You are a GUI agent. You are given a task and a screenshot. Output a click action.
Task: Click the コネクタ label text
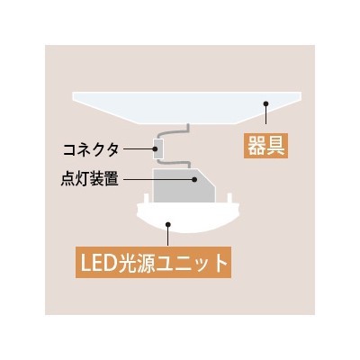pos(91,149)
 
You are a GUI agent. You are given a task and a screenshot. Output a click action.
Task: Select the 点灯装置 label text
pos(90,179)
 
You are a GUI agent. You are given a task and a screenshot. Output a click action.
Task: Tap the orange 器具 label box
pos(265,146)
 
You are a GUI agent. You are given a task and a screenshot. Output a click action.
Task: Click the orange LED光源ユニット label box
pos(153,262)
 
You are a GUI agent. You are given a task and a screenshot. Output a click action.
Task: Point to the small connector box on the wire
pos(158,148)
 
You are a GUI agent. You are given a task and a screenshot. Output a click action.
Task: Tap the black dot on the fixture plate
pos(265,103)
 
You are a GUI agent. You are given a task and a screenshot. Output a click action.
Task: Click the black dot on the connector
pos(156,148)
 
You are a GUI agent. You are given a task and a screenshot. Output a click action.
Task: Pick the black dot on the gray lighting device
pos(194,179)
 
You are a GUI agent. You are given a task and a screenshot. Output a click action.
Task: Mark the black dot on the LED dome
pos(168,224)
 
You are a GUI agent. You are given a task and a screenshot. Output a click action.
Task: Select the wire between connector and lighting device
pos(174,162)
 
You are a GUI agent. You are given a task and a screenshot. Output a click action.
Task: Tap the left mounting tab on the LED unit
pos(146,199)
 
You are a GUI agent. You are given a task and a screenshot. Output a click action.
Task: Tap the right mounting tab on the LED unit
pos(229,199)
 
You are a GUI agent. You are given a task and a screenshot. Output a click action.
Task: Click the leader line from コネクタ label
pos(139,148)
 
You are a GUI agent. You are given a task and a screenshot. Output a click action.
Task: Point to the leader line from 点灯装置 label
pos(157,179)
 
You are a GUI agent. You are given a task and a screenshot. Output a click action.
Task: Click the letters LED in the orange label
pos(95,262)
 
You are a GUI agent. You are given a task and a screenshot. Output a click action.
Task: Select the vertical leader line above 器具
pos(265,115)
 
